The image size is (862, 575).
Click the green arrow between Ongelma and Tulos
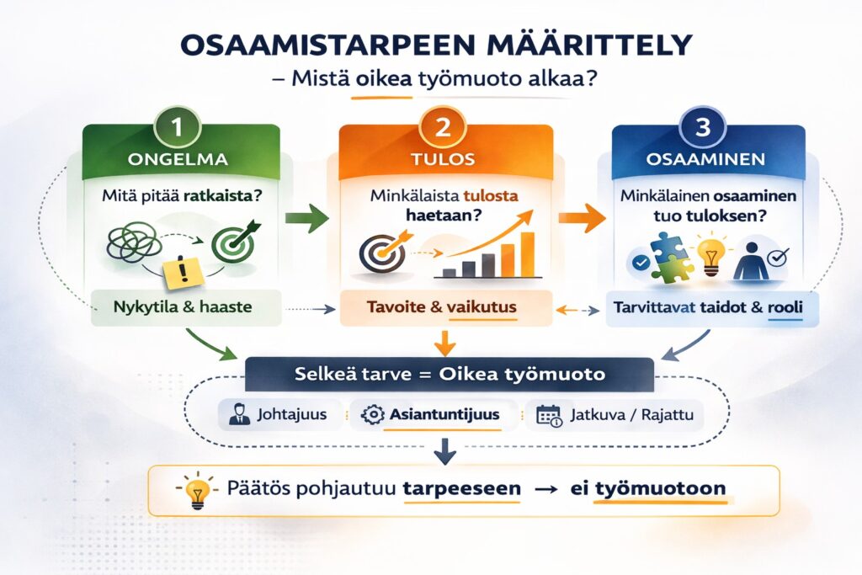click(306, 220)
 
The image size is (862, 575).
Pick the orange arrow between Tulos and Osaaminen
click(582, 221)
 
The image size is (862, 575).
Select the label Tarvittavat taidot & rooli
click(704, 308)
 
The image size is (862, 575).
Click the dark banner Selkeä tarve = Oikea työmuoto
click(447, 373)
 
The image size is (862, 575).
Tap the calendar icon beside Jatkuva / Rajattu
click(550, 415)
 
